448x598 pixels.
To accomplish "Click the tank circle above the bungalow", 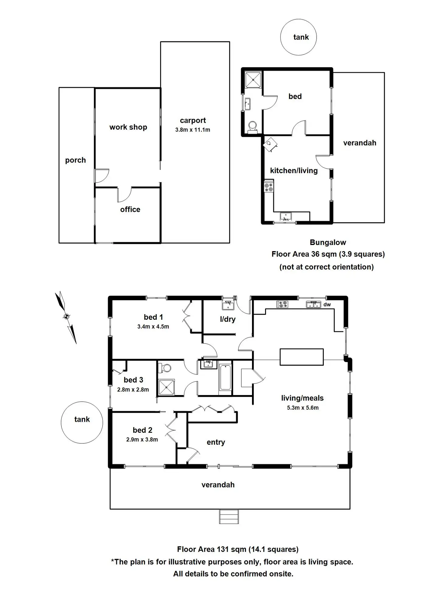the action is (298, 37).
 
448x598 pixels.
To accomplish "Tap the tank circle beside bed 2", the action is (82, 422).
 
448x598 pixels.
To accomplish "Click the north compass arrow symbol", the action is (66, 317).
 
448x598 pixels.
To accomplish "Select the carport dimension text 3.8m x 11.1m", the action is (193, 130).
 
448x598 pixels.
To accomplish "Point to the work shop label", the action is (128, 127).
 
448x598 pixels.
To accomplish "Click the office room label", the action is (130, 209).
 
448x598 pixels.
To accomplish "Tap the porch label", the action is (75, 160).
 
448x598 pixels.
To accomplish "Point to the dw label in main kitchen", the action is (327, 304).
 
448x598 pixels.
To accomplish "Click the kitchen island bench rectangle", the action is (302, 357).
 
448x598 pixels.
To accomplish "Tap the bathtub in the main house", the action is (225, 377).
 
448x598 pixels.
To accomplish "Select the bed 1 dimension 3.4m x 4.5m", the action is (153, 326).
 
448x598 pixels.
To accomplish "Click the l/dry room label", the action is (228, 319).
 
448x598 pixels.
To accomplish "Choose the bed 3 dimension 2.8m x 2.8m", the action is (133, 390).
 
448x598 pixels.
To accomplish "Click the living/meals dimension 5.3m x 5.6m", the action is (303, 408).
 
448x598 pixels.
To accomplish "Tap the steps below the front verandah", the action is (229, 516).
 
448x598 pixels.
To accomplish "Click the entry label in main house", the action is (216, 442).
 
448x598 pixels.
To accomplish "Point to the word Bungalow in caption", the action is (328, 242).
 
